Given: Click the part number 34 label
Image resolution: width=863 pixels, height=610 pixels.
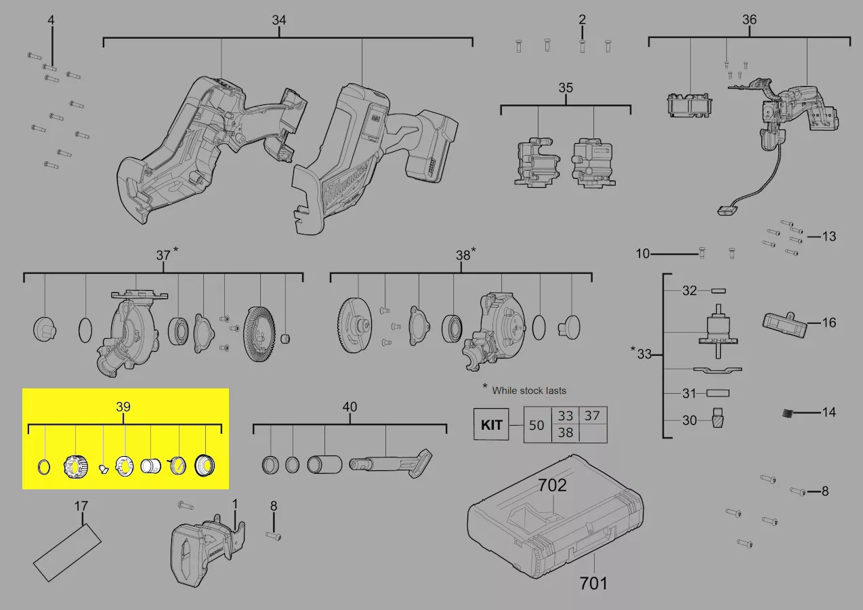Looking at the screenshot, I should (279, 20).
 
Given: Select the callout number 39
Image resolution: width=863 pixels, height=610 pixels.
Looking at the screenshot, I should (123, 407).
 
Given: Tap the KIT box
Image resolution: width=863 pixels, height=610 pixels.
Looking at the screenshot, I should (491, 425).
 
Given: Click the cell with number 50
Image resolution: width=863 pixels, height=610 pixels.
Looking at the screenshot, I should (536, 425).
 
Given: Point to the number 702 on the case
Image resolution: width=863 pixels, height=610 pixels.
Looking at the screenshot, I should (553, 485).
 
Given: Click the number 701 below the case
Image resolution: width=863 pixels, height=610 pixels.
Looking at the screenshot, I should (593, 583).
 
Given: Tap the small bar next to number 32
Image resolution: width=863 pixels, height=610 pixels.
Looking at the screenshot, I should (717, 291).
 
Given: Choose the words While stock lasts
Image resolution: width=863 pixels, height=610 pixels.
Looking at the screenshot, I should (529, 390).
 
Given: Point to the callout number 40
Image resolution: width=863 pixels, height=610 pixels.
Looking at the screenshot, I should (349, 407).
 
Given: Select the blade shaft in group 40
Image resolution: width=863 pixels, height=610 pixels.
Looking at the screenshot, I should (390, 462).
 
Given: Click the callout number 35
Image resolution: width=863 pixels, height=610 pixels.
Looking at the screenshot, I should (566, 88).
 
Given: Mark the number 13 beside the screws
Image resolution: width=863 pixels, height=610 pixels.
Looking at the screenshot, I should (828, 237).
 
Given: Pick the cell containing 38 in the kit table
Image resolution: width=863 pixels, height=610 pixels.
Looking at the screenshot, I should (566, 432).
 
